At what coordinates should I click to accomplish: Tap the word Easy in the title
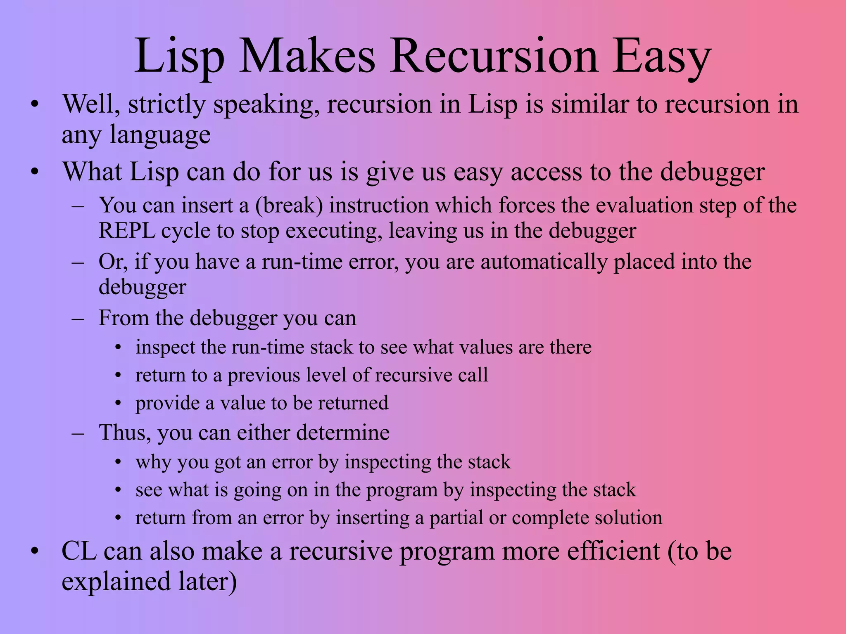[662, 57]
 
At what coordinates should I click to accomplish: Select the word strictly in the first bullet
[166, 104]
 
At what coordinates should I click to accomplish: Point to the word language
[160, 135]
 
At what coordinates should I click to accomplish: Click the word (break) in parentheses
[289, 205]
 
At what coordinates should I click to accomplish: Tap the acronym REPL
[127, 231]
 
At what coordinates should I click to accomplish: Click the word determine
[343, 433]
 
